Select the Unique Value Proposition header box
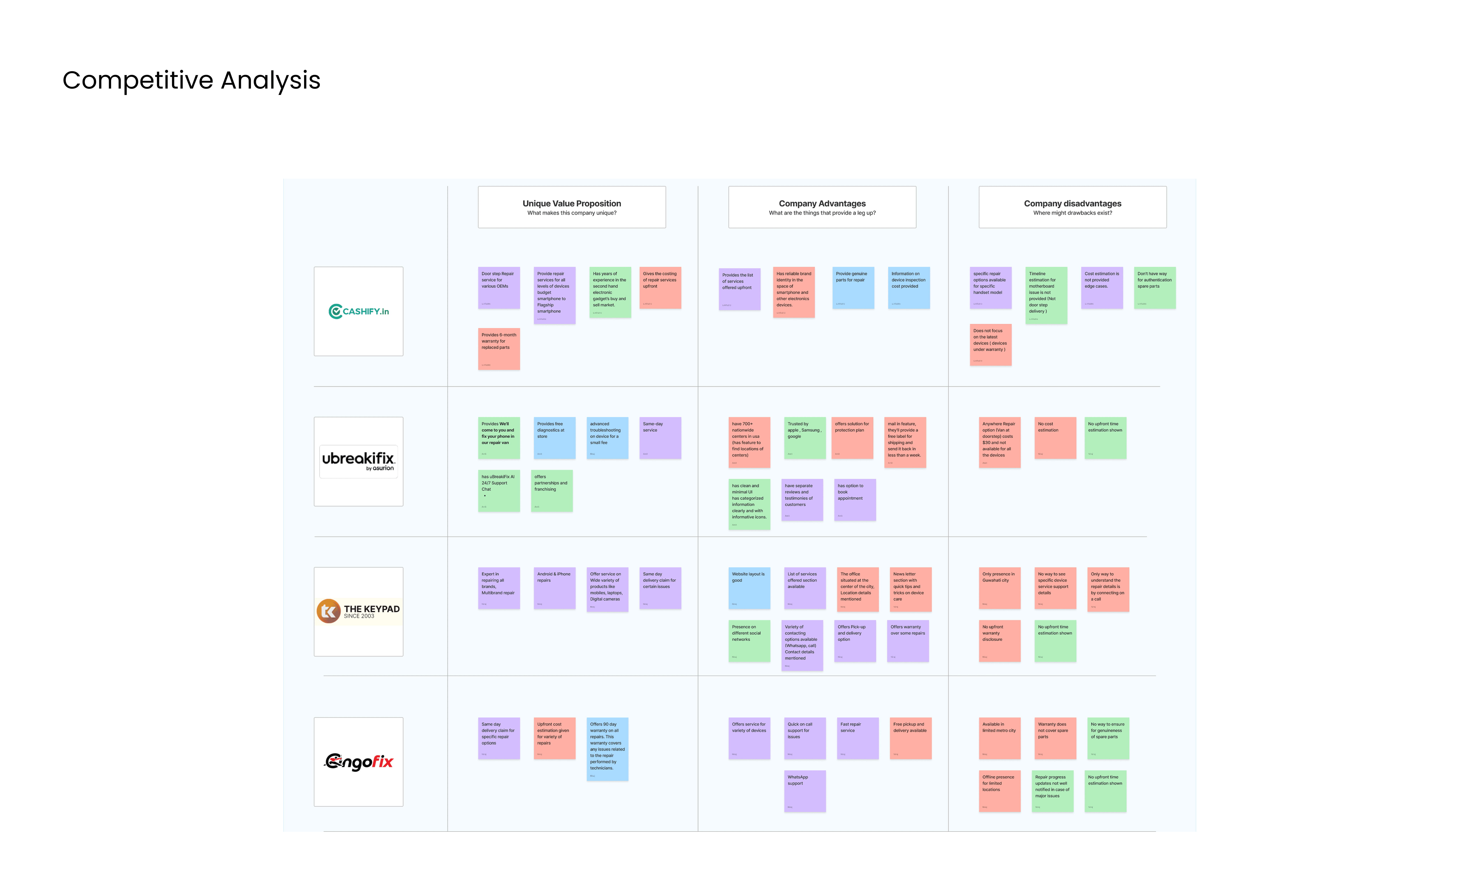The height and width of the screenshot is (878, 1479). [572, 207]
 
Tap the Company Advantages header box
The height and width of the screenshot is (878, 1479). [822, 207]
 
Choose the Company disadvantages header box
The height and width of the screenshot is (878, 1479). [1072, 207]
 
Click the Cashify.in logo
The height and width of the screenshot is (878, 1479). [359, 311]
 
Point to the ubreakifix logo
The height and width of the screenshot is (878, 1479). [359, 461]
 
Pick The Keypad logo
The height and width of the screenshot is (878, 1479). [359, 611]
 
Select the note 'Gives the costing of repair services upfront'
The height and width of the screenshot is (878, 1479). [660, 287]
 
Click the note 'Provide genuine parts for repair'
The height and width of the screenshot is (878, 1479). [853, 287]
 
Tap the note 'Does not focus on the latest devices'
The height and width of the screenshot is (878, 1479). [990, 344]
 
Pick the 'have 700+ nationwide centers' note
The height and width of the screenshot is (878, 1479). [749, 442]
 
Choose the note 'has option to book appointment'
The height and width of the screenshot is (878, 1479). [855, 499]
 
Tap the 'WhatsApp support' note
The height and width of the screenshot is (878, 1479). [805, 790]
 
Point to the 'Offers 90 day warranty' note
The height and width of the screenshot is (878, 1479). [607, 748]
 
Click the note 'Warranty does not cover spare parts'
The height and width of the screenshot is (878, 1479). [1055, 738]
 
